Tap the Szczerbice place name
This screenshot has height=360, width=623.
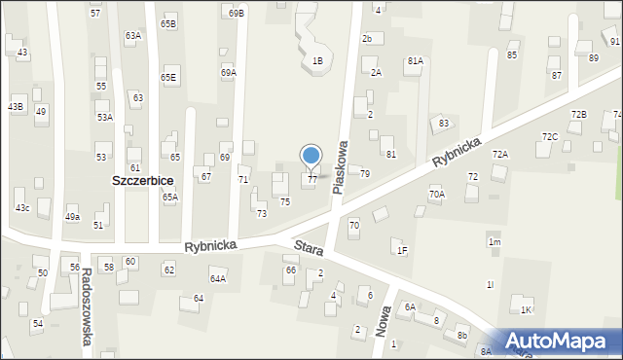point(143,182)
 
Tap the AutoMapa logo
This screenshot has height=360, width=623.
point(559,341)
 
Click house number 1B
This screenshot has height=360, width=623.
point(317,61)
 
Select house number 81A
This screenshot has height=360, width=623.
point(416,60)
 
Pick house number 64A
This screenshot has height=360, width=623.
point(218,279)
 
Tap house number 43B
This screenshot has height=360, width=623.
point(16,106)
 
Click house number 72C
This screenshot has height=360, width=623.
point(550,136)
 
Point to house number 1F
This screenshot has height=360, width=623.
point(402,250)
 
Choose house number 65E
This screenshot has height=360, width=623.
point(169,77)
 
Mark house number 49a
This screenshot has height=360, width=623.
point(72,217)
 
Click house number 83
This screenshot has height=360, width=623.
point(444,123)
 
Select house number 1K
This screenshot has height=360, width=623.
point(526,309)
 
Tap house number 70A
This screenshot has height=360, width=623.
point(437,195)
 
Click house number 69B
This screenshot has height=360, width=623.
point(237,14)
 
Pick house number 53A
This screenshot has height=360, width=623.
point(104,117)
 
